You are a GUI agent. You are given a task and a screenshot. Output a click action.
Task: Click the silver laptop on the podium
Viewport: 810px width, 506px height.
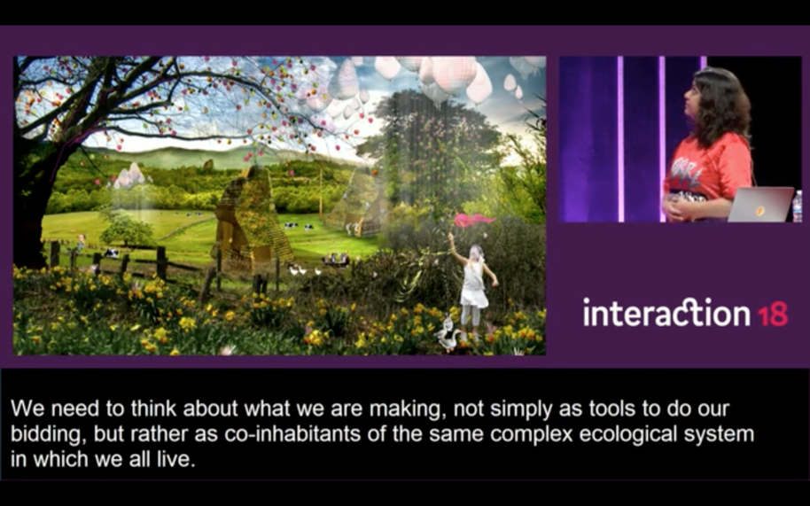coord(760,205)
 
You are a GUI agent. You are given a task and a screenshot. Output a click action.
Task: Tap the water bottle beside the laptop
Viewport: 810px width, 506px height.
coord(797,206)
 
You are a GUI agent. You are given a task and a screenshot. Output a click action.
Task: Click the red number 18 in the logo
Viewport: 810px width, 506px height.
coord(773,314)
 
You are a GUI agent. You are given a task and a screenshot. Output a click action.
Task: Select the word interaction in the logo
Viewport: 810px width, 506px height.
coord(666,312)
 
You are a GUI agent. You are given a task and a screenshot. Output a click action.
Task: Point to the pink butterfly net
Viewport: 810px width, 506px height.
coord(473,221)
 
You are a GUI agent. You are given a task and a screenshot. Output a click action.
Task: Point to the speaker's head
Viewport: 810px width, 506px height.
coord(715,98)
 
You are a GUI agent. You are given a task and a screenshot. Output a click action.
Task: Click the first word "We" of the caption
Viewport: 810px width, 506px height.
coord(27,409)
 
